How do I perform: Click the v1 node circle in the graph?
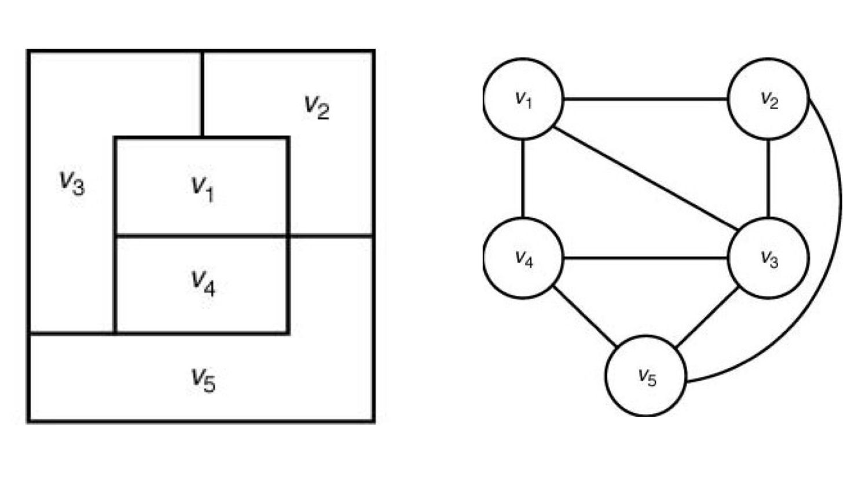523,99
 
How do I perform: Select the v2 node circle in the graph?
768,99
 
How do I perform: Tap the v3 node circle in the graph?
768,258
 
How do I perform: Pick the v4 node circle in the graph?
523,258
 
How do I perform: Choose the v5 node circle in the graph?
646,376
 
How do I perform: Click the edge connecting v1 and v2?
645,99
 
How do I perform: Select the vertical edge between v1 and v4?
523,178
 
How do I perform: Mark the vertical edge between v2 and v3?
768,178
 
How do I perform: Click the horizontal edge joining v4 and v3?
645,258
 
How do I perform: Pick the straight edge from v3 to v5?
707,316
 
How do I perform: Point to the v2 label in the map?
317,107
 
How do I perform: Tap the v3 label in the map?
72,182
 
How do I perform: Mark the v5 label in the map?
203,380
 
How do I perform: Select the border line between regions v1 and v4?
201,236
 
